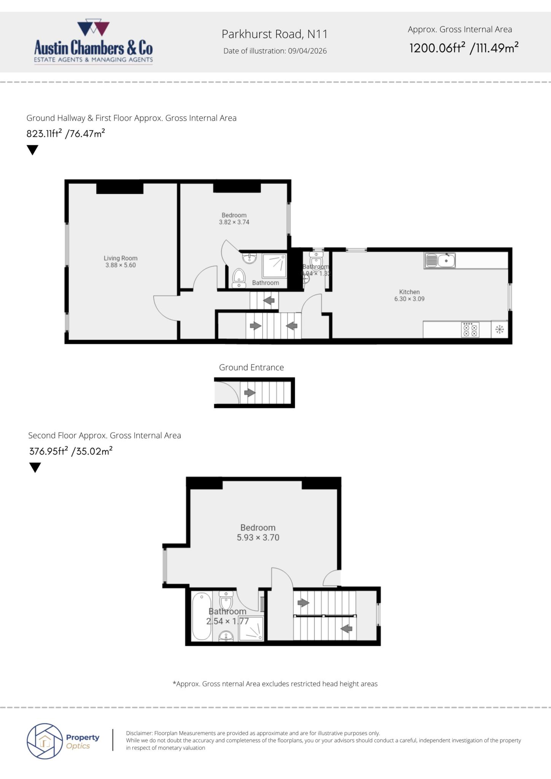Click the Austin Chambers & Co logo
94,43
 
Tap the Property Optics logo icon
45,741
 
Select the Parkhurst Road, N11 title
274,34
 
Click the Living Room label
120,258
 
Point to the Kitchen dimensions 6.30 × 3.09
409,299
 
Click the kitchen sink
440,261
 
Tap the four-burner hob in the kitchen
470,329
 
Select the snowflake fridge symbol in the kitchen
500,329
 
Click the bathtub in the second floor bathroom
201,616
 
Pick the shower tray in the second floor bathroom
251,628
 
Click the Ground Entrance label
251,367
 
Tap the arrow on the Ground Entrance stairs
250,392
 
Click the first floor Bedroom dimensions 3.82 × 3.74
234,222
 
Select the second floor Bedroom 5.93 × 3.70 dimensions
258,537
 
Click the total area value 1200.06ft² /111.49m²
464,48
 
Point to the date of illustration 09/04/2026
307,51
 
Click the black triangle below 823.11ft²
33,150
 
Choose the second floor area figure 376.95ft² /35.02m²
71,452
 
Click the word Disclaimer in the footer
139,733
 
